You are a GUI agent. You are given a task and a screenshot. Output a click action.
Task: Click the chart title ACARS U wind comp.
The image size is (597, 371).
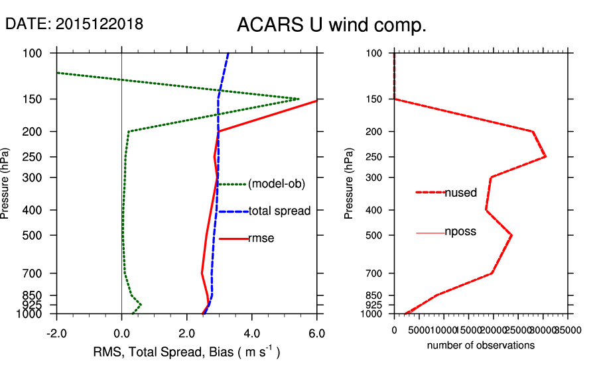click(331, 26)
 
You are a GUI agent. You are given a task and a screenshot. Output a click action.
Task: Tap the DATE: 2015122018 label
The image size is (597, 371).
click(74, 24)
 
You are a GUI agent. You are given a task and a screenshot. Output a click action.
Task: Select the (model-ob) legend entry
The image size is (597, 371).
click(276, 184)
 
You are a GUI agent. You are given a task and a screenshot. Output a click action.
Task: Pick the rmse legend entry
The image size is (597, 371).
click(261, 238)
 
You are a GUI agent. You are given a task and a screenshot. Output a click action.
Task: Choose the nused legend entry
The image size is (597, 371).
click(460, 193)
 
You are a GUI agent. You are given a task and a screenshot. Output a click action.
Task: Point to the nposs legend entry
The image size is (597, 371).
click(460, 233)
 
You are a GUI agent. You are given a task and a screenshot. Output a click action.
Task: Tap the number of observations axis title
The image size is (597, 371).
click(480, 345)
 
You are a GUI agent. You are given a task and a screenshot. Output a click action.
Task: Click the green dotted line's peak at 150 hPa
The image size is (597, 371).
click(298, 99)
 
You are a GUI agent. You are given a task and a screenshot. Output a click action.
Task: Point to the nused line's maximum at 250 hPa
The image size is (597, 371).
click(545, 156)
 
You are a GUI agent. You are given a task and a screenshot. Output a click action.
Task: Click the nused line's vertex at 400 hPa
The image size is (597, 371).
click(486, 210)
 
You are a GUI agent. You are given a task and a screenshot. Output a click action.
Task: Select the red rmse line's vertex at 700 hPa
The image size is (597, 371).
click(202, 272)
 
